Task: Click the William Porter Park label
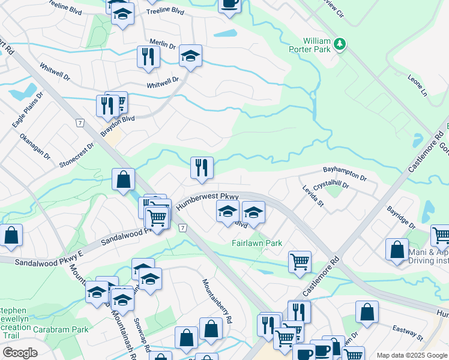tap(316, 46)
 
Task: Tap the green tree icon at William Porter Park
tap(340, 43)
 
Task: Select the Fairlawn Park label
tap(257, 243)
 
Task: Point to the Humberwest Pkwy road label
tap(208, 200)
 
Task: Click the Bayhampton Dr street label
tap(345, 173)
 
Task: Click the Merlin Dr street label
tap(162, 45)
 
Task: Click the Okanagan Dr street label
tap(35, 146)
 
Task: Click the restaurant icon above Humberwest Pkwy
tap(202, 167)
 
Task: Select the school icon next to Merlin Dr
tap(190, 56)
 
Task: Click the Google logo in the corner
tap(20, 352)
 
